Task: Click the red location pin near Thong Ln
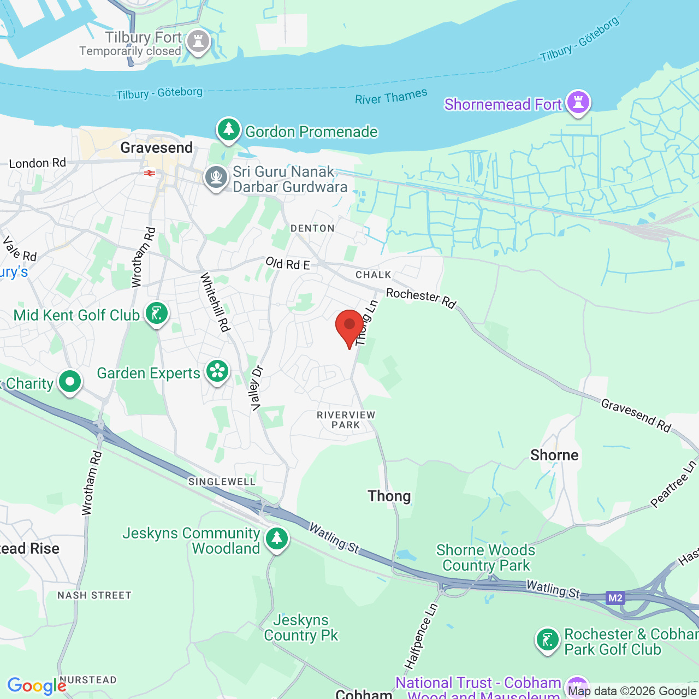click(x=349, y=327)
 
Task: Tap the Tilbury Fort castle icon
click(x=198, y=42)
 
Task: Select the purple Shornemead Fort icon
click(x=578, y=102)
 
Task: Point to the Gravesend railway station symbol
click(x=149, y=173)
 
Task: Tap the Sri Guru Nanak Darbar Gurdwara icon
click(x=216, y=177)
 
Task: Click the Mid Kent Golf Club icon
click(x=157, y=314)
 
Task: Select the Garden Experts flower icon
click(x=217, y=372)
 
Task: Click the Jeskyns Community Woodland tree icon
click(x=277, y=538)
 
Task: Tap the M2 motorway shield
click(x=615, y=598)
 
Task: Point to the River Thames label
click(x=391, y=97)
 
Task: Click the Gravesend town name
click(x=157, y=148)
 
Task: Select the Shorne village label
click(x=554, y=455)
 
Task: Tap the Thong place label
click(x=389, y=496)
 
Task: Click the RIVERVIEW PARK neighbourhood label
click(x=346, y=420)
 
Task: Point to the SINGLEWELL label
click(x=222, y=482)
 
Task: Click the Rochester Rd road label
click(x=420, y=298)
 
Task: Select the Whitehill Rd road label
click(x=215, y=302)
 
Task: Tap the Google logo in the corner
click(x=37, y=686)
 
